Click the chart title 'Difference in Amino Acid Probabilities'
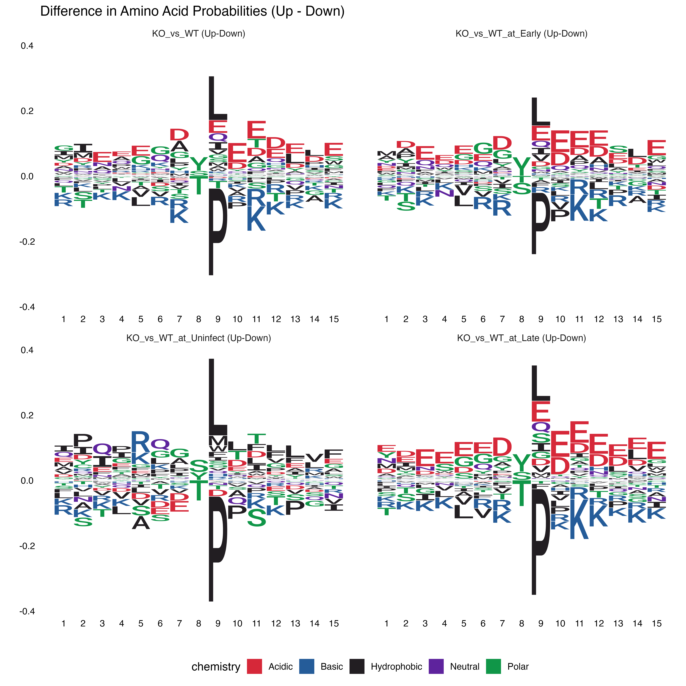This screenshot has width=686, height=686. (x=192, y=11)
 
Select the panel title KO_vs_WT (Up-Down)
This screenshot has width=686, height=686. (x=198, y=34)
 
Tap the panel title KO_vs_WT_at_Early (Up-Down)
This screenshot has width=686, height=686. (x=521, y=34)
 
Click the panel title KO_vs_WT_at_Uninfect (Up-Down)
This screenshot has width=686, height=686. (x=198, y=338)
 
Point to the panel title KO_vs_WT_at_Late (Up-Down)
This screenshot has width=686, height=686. (x=521, y=338)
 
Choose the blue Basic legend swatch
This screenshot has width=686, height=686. (x=306, y=666)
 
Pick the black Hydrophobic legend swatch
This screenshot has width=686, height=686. (x=357, y=666)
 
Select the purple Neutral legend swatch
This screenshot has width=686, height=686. (x=436, y=666)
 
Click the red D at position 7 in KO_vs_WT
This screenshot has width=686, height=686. (x=179, y=135)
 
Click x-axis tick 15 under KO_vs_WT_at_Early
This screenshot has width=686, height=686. (x=657, y=319)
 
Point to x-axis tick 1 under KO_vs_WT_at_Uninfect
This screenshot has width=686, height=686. (x=64, y=623)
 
